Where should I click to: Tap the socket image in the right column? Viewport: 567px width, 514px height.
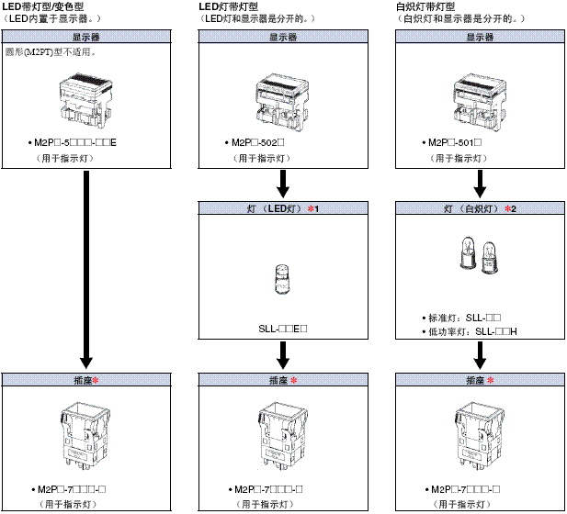480,436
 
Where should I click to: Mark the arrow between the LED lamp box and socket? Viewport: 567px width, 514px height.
283,353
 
